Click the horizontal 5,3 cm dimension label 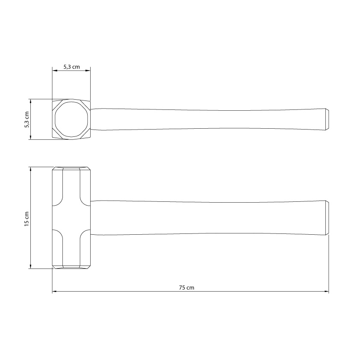tap(72, 67)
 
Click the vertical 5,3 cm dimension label tap(27, 120)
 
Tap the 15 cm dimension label tap(27, 219)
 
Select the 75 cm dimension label tap(186, 288)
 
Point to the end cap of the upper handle tap(327, 119)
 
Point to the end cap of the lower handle tap(327, 218)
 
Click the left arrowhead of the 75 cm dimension tap(55, 292)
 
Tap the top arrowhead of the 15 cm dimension tap(30, 169)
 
